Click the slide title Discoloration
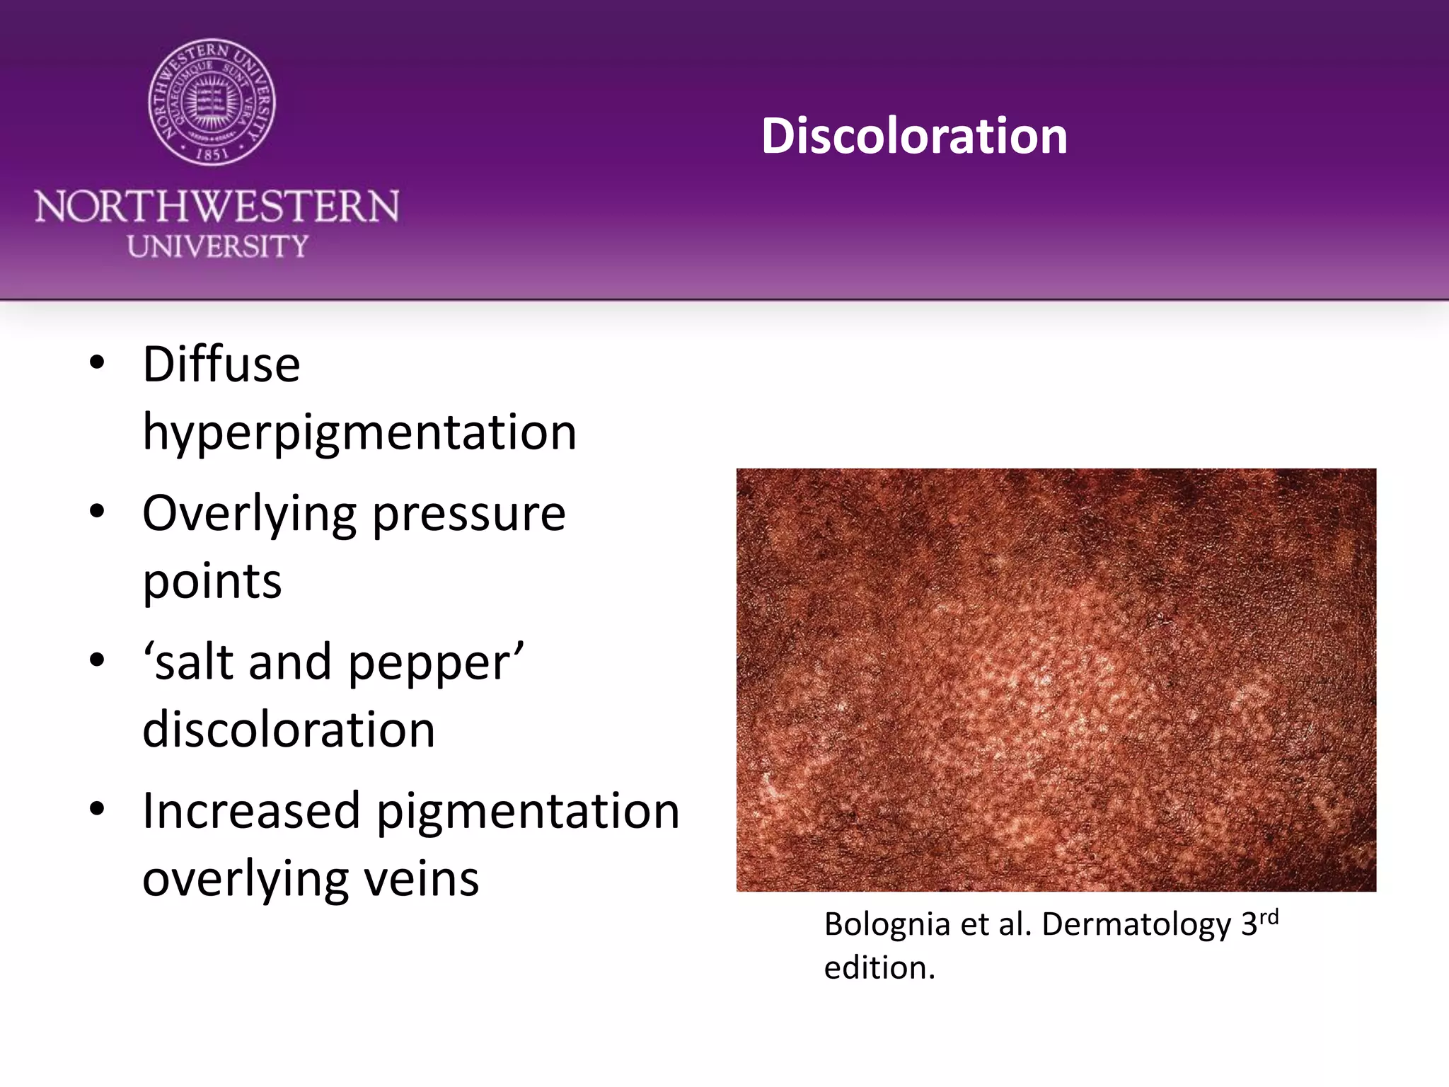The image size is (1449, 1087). click(x=914, y=136)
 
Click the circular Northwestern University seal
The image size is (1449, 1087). click(x=212, y=103)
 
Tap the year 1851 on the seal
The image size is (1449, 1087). click(x=212, y=153)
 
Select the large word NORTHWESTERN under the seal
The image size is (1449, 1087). click(x=217, y=207)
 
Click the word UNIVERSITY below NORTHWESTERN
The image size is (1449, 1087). click(x=217, y=246)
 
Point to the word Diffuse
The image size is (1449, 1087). click(x=221, y=365)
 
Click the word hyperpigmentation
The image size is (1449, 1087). click(x=359, y=432)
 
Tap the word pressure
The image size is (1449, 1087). click(x=469, y=514)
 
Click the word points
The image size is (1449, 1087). click(x=212, y=581)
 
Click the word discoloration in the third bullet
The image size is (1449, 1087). click(x=289, y=730)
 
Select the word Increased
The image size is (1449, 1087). click(x=251, y=811)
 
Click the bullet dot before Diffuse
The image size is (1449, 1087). click(x=98, y=363)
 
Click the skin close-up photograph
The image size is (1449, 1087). click(x=1056, y=679)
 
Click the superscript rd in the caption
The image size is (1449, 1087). click(x=1269, y=918)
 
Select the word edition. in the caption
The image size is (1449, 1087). click(x=879, y=968)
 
